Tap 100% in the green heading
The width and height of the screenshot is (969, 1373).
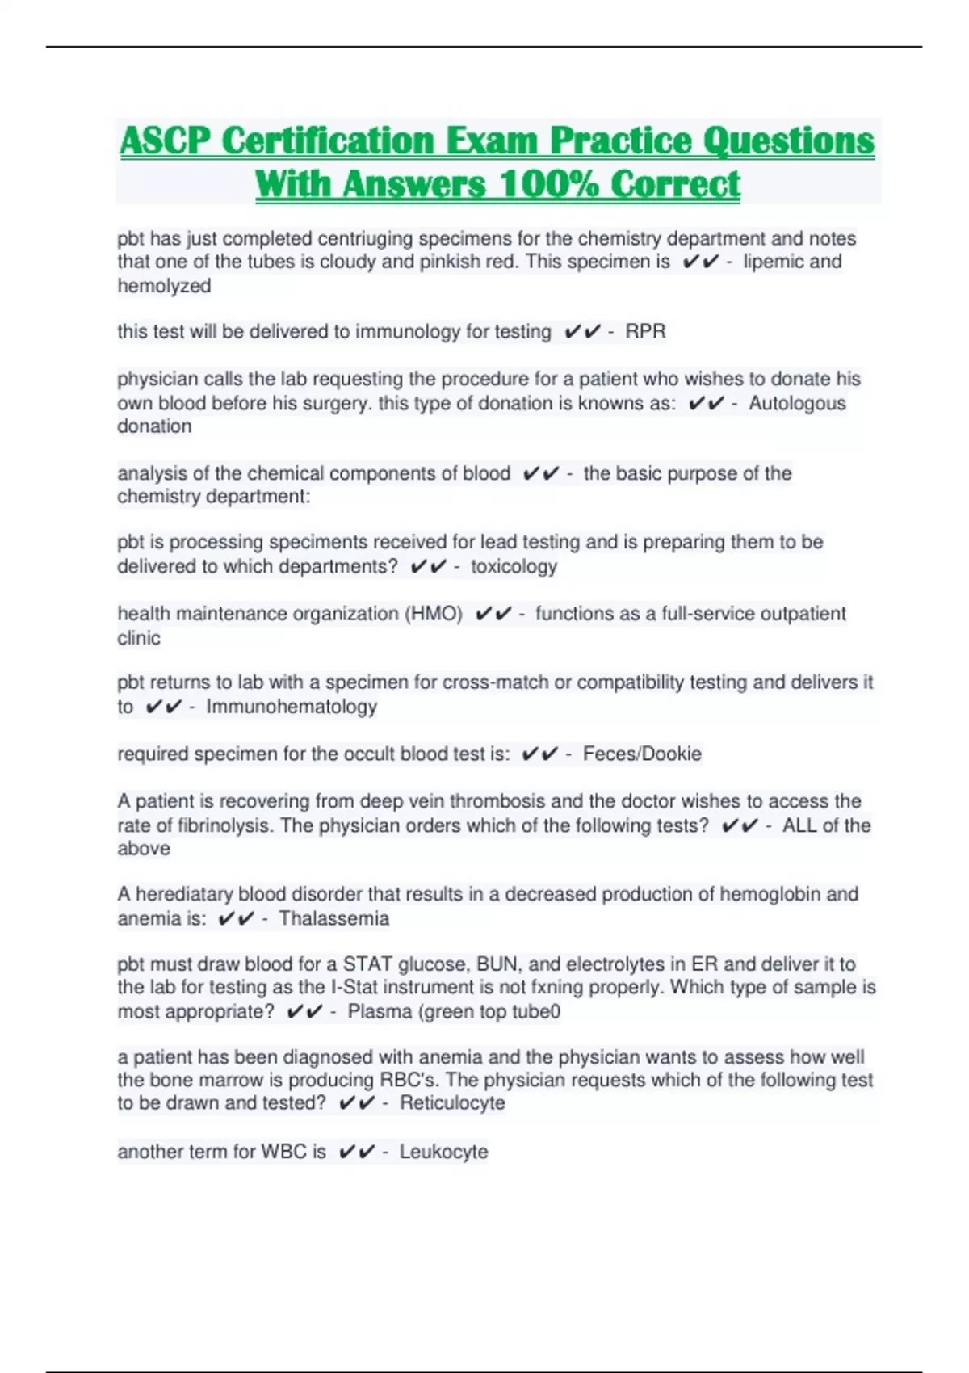(549, 184)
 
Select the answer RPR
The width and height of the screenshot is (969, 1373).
(645, 331)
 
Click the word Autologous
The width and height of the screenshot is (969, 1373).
(796, 403)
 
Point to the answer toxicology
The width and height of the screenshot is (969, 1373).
(514, 566)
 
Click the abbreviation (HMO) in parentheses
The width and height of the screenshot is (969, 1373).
(433, 614)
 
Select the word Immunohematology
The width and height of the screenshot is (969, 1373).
(292, 707)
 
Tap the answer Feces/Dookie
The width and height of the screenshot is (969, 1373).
(642, 754)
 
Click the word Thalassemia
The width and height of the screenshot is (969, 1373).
(333, 918)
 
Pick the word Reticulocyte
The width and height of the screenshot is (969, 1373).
(452, 1103)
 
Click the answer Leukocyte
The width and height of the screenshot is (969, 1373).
(443, 1152)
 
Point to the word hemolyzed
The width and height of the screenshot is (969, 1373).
(164, 286)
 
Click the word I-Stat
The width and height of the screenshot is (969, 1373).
(354, 987)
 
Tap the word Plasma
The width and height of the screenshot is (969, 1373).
(380, 1011)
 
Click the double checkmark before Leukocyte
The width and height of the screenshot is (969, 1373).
(357, 1152)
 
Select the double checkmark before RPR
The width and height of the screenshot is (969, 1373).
(582, 331)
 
